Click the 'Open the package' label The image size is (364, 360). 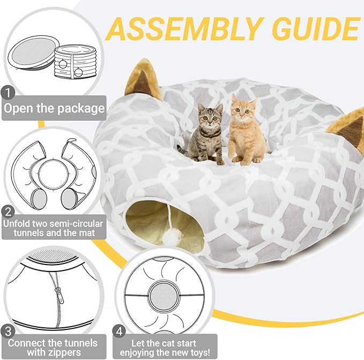click(54, 108)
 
